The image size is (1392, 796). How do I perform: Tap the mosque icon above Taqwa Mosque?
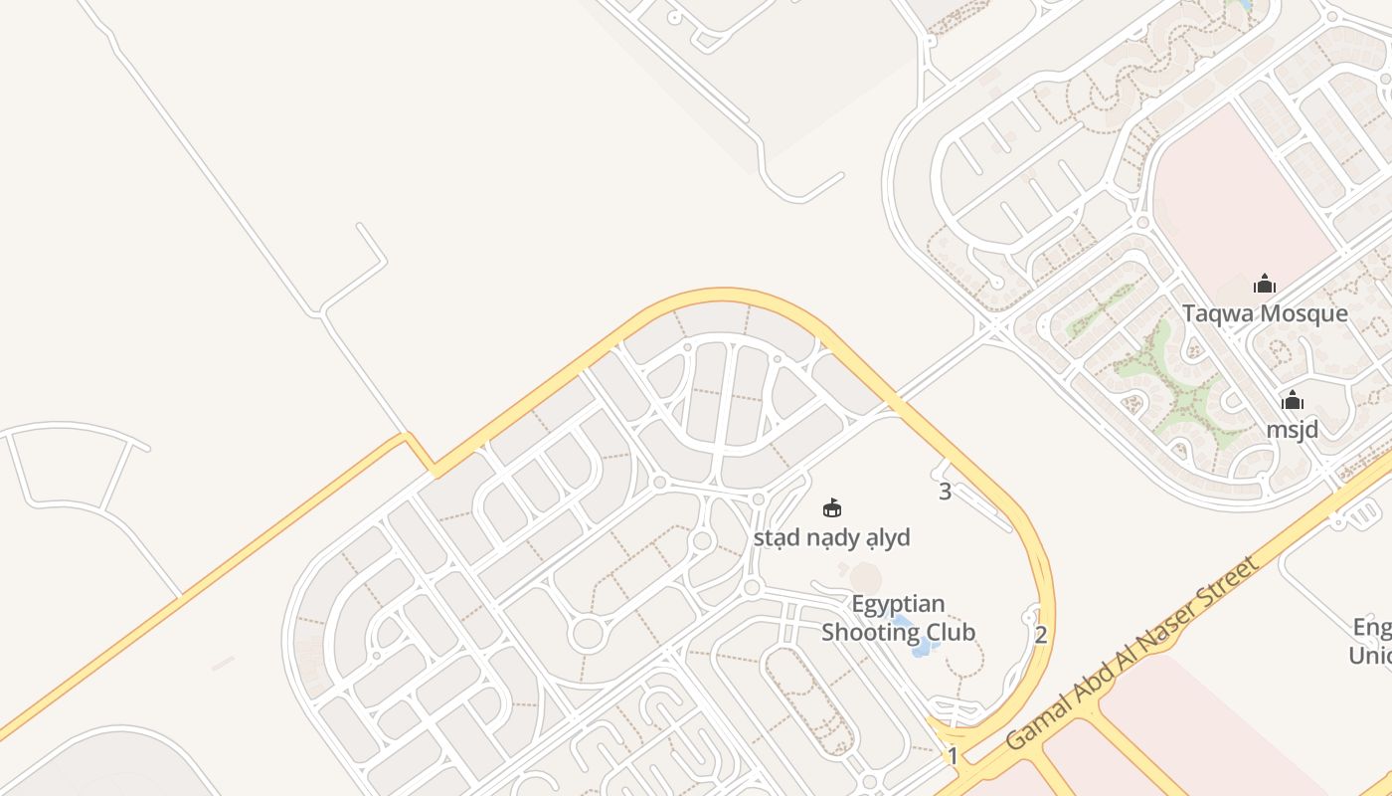pos(1265,285)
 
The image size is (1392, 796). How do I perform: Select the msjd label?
pos(1292,430)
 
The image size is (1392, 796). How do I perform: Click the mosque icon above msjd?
pos(1292,401)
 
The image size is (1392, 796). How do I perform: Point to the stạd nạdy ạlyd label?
pos(831,538)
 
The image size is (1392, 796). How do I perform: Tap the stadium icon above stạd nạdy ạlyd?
pos(832,508)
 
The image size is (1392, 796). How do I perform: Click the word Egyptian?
pos(898,605)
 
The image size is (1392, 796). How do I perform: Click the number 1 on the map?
pos(953,756)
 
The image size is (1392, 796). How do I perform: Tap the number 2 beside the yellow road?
pos(1041,635)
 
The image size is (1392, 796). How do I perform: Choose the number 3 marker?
pos(945,491)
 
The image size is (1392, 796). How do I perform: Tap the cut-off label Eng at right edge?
pos(1372,628)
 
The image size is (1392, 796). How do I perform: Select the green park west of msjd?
pos(1183,388)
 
